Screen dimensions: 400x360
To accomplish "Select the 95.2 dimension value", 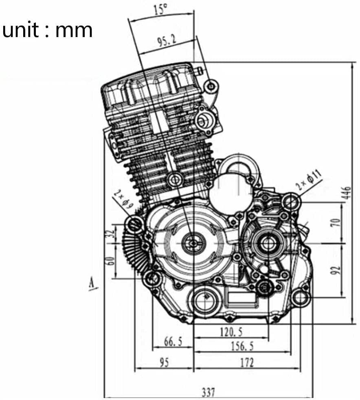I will tap(164, 41).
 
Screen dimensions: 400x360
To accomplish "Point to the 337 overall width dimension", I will tap(208, 392).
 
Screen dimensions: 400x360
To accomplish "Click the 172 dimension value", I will tap(246, 362).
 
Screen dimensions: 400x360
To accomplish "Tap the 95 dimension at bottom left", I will tap(164, 362).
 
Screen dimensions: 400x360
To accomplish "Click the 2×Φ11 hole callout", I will tap(309, 179).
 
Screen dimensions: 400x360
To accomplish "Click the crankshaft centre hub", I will tap(191, 243).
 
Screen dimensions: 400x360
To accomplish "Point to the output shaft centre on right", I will tap(268, 244).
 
